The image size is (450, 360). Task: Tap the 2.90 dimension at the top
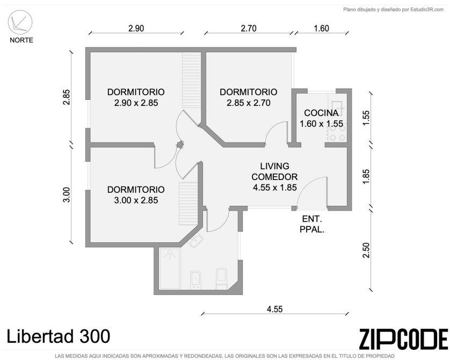click(136, 28)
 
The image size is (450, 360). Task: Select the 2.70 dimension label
click(249, 28)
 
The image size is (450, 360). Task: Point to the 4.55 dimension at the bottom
click(274, 309)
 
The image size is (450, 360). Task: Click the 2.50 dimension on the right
click(366, 250)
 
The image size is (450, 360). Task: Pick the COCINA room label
click(322, 113)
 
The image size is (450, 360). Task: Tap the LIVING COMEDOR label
click(274, 171)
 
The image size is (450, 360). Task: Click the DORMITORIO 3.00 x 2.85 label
click(136, 195)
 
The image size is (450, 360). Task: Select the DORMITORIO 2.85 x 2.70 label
click(249, 97)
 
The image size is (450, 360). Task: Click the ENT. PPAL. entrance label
click(312, 224)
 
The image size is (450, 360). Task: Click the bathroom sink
click(196, 241)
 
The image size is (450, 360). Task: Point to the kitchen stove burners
click(337, 133)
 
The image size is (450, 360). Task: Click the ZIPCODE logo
click(403, 339)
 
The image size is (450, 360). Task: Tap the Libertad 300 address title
click(58, 336)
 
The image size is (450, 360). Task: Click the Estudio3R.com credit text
click(394, 10)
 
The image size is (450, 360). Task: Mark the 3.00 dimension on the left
click(67, 195)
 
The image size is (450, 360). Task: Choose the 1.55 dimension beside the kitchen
click(366, 118)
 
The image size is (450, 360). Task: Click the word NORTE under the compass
click(21, 40)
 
